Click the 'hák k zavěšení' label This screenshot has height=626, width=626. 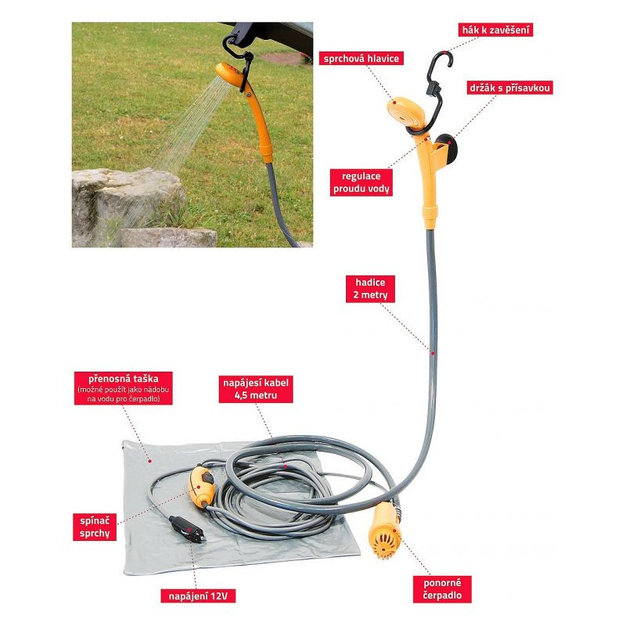coord(495,30)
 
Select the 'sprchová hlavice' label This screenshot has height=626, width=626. coord(362,59)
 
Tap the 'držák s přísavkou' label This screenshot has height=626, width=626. coord(510,88)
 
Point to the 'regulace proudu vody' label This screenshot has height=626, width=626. coord(362,182)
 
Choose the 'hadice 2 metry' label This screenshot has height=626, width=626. coord(370,289)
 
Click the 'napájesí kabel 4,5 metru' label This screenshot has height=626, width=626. coord(256,389)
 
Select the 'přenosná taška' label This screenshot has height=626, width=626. coord(124,388)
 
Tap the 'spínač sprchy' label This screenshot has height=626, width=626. coord(95,527)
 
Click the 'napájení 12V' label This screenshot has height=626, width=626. coord(198,596)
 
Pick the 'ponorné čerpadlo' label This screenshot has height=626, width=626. coord(442,589)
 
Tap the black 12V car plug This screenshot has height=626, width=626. coord(187,530)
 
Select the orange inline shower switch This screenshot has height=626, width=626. coord(201,486)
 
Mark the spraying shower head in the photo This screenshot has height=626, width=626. coord(230,73)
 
